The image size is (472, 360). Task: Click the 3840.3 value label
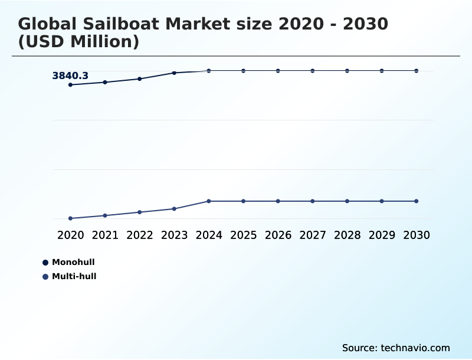70,76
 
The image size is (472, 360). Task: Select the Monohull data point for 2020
70,85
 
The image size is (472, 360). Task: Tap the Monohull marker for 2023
174,73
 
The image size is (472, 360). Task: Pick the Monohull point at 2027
313,71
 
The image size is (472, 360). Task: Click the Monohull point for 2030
417,71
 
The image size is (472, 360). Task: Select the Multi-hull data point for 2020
70,218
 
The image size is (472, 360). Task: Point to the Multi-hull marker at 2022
140,212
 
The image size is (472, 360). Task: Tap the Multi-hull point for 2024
209,201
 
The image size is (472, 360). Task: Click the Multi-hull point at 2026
278,201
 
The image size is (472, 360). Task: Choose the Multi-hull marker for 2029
382,201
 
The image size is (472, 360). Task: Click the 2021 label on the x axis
105,235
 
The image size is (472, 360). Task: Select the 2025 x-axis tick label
243,235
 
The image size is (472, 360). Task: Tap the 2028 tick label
347,235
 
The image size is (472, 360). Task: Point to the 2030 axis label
417,235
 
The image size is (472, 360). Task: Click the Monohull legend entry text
73,262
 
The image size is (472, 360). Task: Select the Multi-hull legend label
74,276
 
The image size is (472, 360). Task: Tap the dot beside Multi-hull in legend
45,277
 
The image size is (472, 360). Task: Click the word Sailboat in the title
119,24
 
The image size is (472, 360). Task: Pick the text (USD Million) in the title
78,42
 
